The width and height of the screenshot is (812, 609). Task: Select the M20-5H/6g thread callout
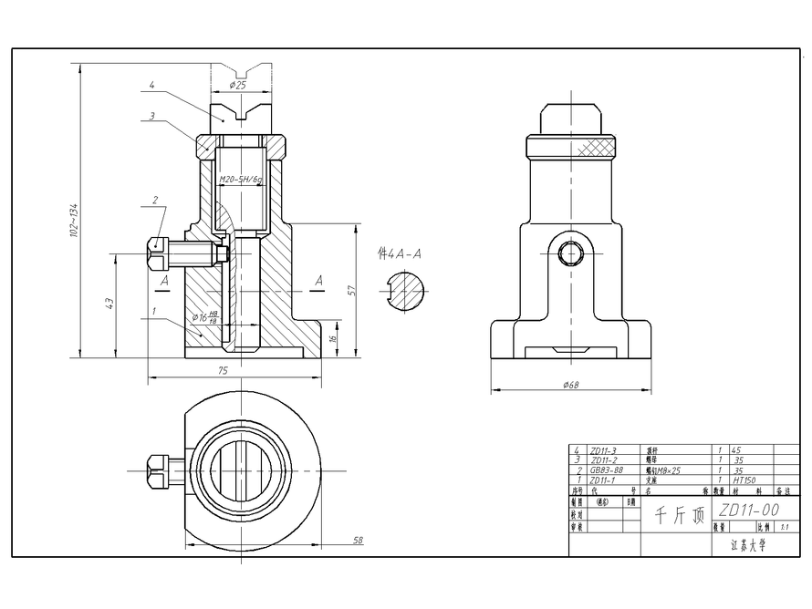click(x=241, y=180)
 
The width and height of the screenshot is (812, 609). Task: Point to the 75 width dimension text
click(x=222, y=371)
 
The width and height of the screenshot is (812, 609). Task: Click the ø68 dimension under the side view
click(x=570, y=385)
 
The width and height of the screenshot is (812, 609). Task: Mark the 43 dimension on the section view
click(x=109, y=304)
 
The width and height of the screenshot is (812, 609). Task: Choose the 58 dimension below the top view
click(x=358, y=541)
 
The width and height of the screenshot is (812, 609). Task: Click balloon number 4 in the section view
click(x=151, y=85)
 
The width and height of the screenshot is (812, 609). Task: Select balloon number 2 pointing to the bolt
click(x=155, y=199)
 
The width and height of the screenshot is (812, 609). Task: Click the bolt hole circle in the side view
click(x=570, y=253)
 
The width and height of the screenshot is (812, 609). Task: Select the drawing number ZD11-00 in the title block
click(x=748, y=510)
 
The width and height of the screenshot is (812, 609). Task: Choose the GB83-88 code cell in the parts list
click(x=608, y=470)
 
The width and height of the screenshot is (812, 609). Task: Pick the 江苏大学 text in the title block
click(x=748, y=547)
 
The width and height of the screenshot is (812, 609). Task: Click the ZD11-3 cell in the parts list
click(x=604, y=450)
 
